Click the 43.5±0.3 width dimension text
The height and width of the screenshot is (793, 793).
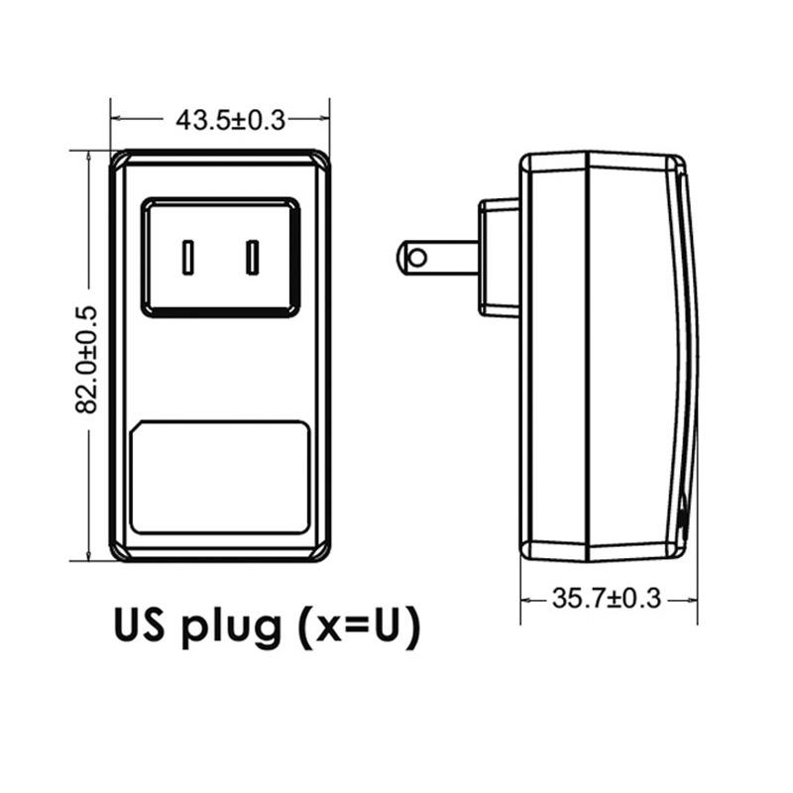tap(230, 120)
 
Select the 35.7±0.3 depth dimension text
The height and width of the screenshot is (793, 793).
tap(607, 598)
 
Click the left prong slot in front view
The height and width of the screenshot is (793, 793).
tap(187, 257)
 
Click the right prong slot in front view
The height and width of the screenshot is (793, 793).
tap(253, 257)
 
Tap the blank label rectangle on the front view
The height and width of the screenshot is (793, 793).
tap(221, 477)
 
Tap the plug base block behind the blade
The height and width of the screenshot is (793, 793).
tap(499, 258)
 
